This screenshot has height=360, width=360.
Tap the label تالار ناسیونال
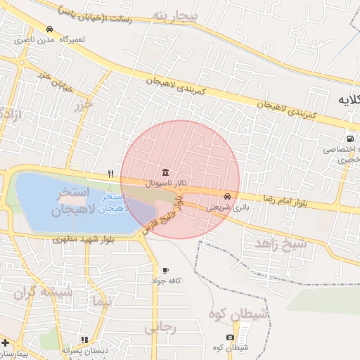click(x=162, y=184)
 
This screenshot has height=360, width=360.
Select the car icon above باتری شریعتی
click(x=228, y=196)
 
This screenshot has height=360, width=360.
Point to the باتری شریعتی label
click(x=226, y=207)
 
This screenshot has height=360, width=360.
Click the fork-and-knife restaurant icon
click(x=110, y=174)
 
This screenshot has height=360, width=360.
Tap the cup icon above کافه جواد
click(x=165, y=270)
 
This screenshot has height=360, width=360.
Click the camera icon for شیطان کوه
click(x=231, y=337)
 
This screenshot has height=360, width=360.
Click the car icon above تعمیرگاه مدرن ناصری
click(x=49, y=29)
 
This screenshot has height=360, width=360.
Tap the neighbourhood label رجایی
click(x=160, y=327)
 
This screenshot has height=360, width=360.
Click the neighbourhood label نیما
click(x=101, y=302)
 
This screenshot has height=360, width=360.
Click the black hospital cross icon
click(x=6, y=342)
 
